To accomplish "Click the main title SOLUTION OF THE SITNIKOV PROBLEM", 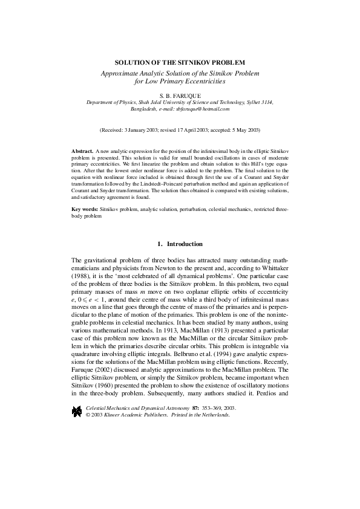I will click(180, 62).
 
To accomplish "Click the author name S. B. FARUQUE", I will click(180, 96).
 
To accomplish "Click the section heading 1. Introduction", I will click(180, 244).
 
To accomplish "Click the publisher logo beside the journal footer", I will click(76, 395).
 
